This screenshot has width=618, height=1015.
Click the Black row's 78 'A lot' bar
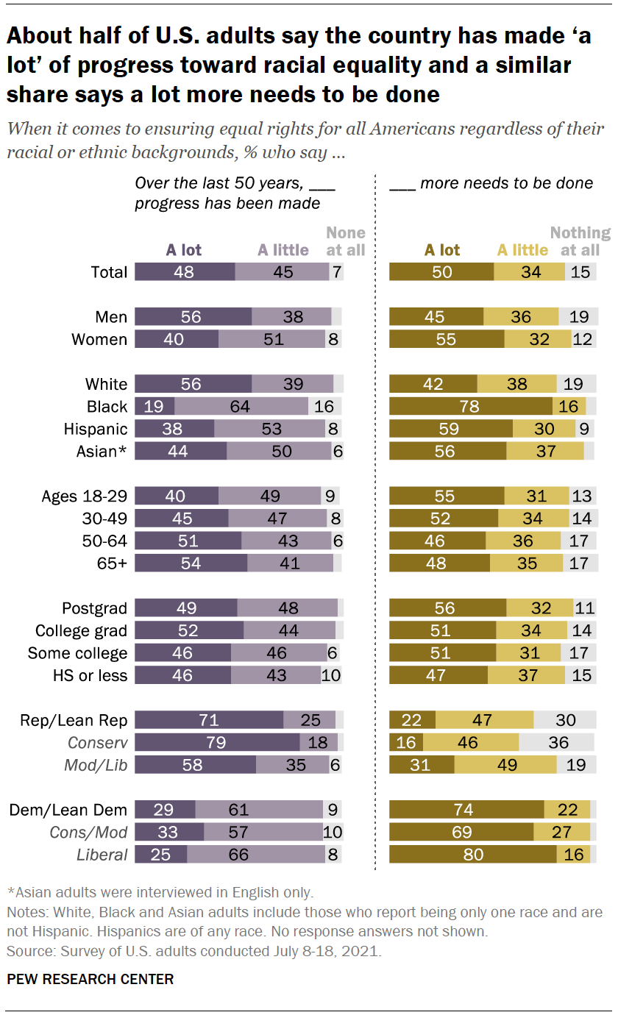click(x=470, y=407)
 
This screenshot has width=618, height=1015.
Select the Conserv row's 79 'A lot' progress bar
click(x=217, y=743)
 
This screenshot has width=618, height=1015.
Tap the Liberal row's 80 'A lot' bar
click(x=472, y=855)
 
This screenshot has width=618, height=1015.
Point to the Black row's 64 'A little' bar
click(x=241, y=407)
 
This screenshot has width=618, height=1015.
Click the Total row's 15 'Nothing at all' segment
click(x=581, y=272)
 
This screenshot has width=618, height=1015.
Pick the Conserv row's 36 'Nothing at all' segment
click(x=557, y=743)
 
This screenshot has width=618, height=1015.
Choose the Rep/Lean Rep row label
click(x=74, y=721)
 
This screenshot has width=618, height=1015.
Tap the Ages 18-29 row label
click(x=85, y=496)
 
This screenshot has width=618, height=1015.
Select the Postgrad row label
click(x=94, y=608)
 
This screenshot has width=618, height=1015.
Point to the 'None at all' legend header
click(x=346, y=241)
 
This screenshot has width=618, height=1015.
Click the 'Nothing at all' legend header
click(x=580, y=241)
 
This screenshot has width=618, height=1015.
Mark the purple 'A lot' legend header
click(x=183, y=250)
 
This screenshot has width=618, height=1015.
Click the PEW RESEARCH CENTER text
click(x=90, y=979)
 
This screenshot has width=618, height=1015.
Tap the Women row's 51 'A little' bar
click(x=271, y=340)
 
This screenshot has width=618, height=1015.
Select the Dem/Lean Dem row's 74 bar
click(x=466, y=810)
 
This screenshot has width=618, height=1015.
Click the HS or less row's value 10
click(x=331, y=675)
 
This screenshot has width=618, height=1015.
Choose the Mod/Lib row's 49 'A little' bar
click(x=505, y=765)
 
